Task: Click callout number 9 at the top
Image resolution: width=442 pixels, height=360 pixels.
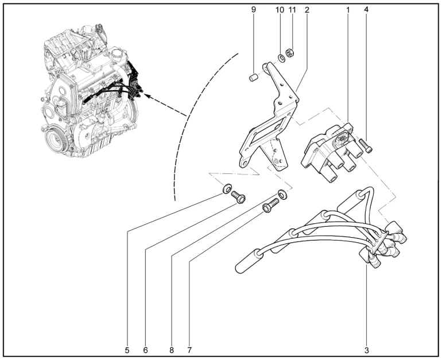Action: [x=254, y=10]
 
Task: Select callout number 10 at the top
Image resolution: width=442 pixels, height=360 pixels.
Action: [x=280, y=10]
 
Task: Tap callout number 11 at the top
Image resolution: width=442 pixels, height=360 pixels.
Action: [x=293, y=10]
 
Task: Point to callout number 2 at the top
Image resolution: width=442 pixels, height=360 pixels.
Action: [x=307, y=10]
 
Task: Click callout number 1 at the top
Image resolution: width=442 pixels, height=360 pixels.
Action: [x=348, y=10]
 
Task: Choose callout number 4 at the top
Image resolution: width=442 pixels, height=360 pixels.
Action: [x=366, y=10]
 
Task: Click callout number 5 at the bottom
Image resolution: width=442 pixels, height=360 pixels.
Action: [x=127, y=349]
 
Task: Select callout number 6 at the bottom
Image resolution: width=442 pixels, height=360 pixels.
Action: [x=146, y=349]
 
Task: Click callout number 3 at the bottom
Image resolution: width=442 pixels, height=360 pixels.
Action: [x=366, y=349]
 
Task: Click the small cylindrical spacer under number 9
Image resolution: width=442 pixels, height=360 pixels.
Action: [x=252, y=76]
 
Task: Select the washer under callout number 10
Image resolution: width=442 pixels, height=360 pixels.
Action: [x=282, y=57]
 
